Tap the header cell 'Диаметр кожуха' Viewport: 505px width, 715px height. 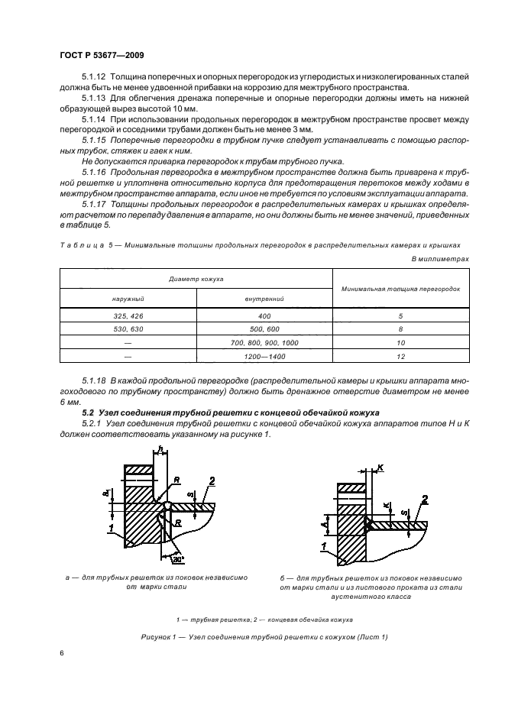click(196, 280)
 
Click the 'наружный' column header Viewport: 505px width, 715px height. click(128, 299)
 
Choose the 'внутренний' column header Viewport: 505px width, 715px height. click(264, 299)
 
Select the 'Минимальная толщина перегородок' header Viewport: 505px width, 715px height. click(400, 289)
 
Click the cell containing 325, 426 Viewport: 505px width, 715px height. click(128, 315)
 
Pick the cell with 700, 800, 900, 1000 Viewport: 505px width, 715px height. click(264, 343)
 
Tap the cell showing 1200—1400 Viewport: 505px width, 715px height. click(264, 357)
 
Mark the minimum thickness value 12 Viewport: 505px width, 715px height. click(400, 357)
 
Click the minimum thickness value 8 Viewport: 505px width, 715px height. click(400, 329)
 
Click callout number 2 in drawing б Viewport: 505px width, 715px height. click(424, 498)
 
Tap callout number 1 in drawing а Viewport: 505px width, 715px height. click(112, 529)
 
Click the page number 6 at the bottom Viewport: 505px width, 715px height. click(62, 654)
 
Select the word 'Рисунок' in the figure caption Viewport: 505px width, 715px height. click(159, 636)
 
